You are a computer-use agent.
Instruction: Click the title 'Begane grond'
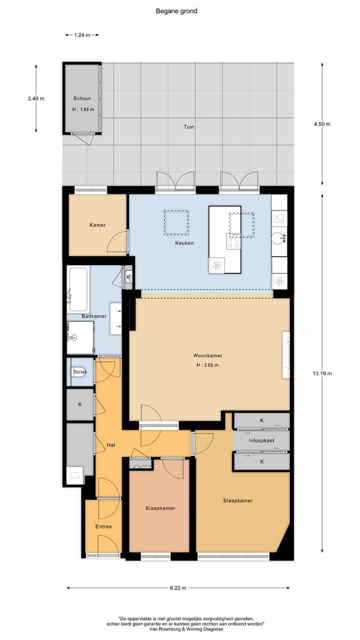(176, 11)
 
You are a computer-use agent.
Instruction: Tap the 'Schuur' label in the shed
(82, 98)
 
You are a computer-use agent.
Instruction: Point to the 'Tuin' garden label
(188, 127)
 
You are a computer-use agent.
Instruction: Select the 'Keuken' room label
(185, 243)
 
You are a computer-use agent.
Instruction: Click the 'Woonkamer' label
(208, 356)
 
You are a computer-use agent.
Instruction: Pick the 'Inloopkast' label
(261, 441)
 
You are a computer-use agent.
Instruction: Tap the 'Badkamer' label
(94, 316)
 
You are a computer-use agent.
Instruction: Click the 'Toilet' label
(80, 372)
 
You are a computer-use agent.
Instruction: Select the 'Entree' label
(103, 527)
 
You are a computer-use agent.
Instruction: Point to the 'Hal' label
(110, 445)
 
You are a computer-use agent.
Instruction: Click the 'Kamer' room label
(98, 225)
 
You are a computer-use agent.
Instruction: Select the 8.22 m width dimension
(178, 588)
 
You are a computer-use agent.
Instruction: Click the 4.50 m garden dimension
(322, 124)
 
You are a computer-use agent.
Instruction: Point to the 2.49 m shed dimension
(36, 98)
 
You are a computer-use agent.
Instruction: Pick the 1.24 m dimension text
(82, 35)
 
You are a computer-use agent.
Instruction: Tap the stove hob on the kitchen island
(233, 242)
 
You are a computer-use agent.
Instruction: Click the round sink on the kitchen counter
(278, 237)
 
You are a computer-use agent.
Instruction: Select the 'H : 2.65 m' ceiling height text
(208, 365)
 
